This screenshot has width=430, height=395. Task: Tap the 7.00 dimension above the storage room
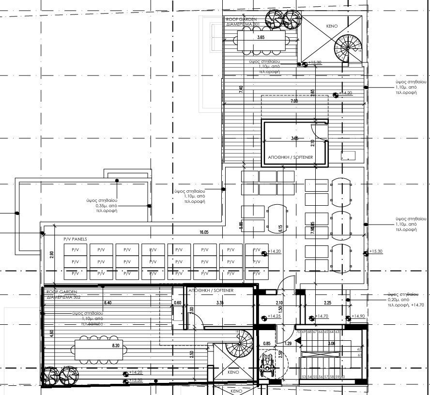294,101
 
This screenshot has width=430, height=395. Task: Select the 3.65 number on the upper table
261,38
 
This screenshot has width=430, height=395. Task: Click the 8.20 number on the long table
116,346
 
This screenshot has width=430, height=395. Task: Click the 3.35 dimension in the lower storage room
220,303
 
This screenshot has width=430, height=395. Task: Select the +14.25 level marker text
274,316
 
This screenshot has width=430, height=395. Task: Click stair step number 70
298,332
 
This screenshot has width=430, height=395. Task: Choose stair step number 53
303,376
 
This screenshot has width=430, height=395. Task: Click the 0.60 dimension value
177,303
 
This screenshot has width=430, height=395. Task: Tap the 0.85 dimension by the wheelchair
267,344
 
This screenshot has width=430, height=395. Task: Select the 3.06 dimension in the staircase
331,344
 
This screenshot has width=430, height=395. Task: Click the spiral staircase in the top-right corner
348,49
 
